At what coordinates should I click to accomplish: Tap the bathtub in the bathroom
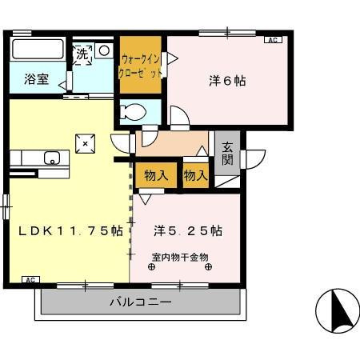click(37, 50)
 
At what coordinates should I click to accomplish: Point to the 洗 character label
click(82, 55)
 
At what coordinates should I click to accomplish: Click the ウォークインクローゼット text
click(142, 65)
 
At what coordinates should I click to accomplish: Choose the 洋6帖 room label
click(227, 81)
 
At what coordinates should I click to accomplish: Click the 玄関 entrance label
click(227, 153)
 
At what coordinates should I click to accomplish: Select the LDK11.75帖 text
click(70, 230)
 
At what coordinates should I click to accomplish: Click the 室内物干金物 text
click(179, 257)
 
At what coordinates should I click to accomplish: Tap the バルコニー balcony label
click(140, 303)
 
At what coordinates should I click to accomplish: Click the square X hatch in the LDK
click(85, 142)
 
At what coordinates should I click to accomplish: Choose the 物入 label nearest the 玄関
click(195, 175)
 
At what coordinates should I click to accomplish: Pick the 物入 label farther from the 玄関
click(156, 175)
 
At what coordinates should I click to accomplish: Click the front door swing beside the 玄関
click(254, 159)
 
